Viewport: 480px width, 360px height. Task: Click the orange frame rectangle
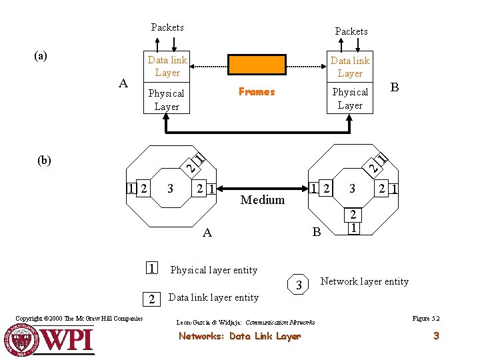click(257, 65)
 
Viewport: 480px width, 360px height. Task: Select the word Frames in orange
click(257, 92)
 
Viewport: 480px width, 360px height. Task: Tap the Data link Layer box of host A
click(167, 66)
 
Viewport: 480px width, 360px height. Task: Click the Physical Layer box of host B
click(350, 99)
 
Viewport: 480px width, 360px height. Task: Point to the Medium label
click(263, 199)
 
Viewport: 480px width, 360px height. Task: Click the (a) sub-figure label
click(41, 56)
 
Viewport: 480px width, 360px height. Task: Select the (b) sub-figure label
click(45, 160)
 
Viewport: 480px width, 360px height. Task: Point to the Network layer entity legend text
click(365, 281)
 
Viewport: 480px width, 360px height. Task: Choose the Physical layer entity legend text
click(214, 270)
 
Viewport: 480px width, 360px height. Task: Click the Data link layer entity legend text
click(213, 297)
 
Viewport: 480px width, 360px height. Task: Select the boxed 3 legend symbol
click(299, 285)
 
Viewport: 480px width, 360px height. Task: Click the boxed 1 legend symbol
click(152, 269)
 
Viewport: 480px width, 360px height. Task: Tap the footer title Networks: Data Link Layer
click(239, 337)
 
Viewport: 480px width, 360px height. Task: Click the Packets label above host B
click(351, 31)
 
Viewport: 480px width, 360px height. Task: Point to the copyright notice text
click(79, 319)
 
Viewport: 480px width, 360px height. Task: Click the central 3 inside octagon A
click(171, 189)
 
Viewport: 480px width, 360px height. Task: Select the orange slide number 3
click(436, 336)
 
